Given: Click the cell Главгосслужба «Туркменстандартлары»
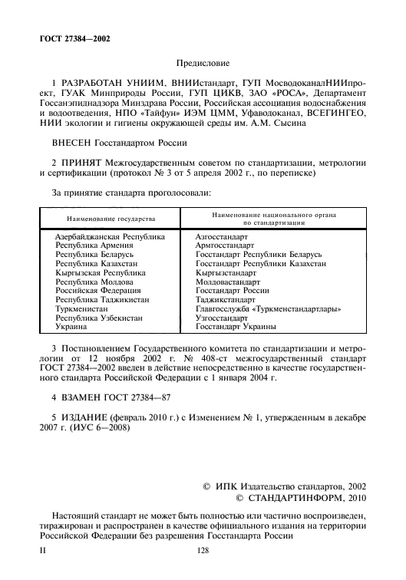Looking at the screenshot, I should tap(269, 309).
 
